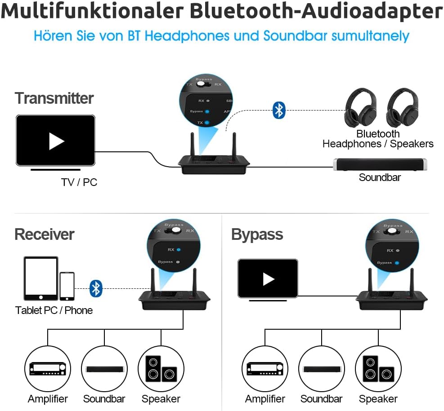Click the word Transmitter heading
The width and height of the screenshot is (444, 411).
tap(54, 98)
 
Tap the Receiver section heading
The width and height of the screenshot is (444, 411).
tap(44, 234)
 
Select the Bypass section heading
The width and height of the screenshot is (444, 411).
tap(257, 234)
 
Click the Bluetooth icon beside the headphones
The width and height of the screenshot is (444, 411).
tap(279, 110)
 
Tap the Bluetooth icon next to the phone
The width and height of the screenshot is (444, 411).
tap(95, 288)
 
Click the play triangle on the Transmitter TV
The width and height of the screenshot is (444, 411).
tap(56, 141)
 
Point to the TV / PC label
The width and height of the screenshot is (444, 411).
tap(79, 182)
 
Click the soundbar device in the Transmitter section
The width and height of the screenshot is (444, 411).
tap(380, 165)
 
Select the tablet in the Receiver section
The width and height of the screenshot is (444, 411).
tap(41, 278)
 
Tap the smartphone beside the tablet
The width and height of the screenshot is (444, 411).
tap(67, 286)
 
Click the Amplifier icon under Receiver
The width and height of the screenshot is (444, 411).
tap(48, 369)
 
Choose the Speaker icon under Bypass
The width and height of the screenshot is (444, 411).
tap(378, 369)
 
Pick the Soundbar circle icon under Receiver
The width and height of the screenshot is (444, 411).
tap(104, 369)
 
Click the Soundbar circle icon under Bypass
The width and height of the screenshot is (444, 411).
tap(321, 369)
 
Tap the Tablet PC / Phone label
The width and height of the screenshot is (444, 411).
tap(54, 310)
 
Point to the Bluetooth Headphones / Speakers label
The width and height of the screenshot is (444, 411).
tap(378, 139)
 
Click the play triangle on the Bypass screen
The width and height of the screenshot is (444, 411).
tap(269, 279)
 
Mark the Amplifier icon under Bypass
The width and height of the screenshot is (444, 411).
tap(265, 369)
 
